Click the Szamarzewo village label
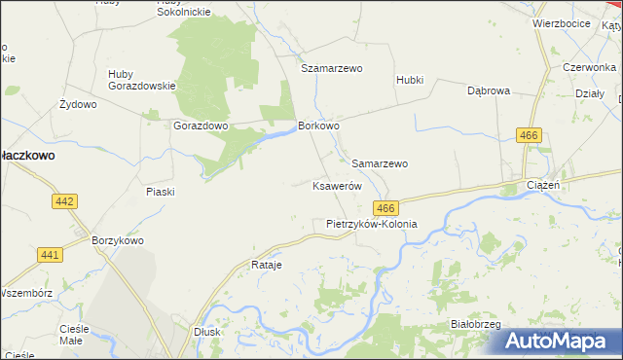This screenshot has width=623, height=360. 331,69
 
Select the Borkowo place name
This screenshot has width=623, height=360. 318,126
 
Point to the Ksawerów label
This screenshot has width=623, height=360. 337,185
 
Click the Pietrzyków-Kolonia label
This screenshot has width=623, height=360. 371,223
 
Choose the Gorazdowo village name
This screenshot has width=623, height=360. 201,126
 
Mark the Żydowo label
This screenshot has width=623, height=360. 78,103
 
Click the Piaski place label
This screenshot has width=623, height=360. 160,192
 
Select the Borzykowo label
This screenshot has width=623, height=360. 117,240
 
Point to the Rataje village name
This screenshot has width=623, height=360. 266,265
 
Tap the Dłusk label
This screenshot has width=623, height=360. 206,331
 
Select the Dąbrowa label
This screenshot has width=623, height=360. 489,90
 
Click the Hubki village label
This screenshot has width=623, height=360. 410,80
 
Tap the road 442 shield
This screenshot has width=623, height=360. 64,200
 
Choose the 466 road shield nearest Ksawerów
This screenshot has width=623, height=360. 385,208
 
